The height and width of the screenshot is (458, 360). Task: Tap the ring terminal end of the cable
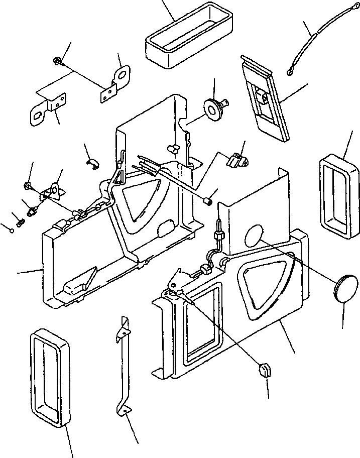(290, 73)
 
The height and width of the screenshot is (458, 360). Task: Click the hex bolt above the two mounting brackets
(57, 62)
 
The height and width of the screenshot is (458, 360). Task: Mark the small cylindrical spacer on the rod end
(206, 201)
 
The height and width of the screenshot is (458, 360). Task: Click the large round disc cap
(345, 289)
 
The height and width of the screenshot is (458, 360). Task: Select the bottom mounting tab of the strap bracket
(122, 410)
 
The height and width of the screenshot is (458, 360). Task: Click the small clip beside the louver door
(234, 159)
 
